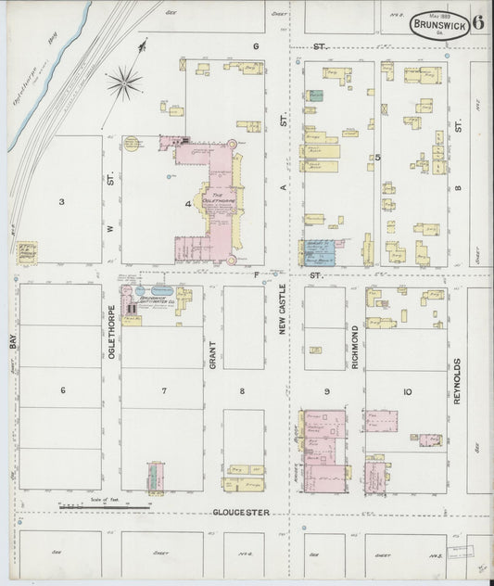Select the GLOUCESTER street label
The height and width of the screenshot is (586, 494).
pos(239,512)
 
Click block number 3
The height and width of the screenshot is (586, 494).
pos(61,201)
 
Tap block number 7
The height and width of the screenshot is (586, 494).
pos(164,390)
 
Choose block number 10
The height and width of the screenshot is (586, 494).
pos(406,392)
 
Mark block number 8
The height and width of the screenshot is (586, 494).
pos(242,390)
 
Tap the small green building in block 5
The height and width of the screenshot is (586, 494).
pos(316,96)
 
